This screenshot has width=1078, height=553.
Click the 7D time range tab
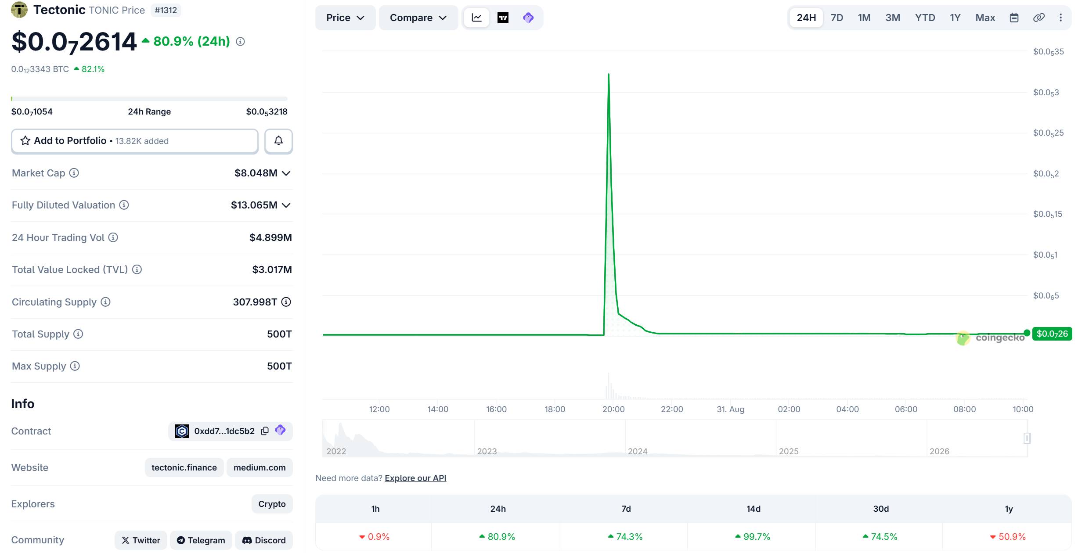(836, 18)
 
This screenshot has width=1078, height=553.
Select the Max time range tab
(985, 18)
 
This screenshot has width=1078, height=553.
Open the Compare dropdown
(418, 18)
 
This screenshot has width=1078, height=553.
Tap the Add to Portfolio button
(135, 141)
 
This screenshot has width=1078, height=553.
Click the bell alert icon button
(278, 141)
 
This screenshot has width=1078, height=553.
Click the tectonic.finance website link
(184, 467)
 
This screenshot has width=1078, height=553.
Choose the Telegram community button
(201, 540)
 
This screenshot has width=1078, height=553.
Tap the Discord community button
(264, 540)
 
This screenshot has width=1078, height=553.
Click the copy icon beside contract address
(265, 431)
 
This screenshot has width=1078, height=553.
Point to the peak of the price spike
(609, 74)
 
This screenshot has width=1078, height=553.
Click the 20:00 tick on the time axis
(613, 409)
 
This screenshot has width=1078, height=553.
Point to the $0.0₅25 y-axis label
(1048, 133)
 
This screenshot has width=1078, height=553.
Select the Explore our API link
(415, 478)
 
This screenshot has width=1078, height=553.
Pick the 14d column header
(754, 509)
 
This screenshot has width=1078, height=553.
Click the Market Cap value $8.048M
(256, 173)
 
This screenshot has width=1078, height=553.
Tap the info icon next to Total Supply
(78, 334)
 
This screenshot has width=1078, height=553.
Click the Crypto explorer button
(272, 504)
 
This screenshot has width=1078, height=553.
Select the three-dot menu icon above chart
(1060, 18)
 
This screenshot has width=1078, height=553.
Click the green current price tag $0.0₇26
(1052, 334)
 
